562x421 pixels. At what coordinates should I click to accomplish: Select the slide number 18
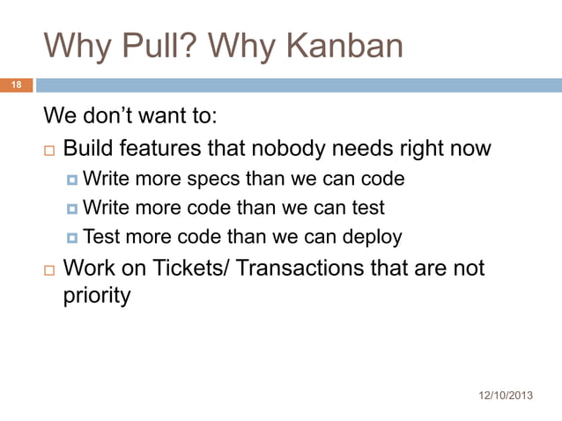[15, 85]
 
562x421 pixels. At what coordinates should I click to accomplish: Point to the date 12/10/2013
[505, 394]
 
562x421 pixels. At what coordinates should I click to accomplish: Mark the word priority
[97, 295]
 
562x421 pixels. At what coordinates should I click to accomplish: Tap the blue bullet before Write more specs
[71, 180]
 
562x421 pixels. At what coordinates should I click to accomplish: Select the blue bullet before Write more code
[71, 209]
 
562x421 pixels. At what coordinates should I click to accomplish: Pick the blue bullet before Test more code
[71, 238]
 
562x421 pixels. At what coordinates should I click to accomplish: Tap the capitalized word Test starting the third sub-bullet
[102, 237]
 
